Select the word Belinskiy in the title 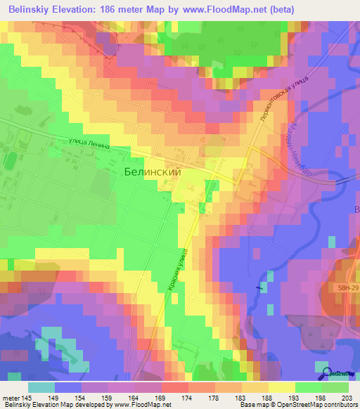click(34, 9)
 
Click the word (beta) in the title click(279, 9)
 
